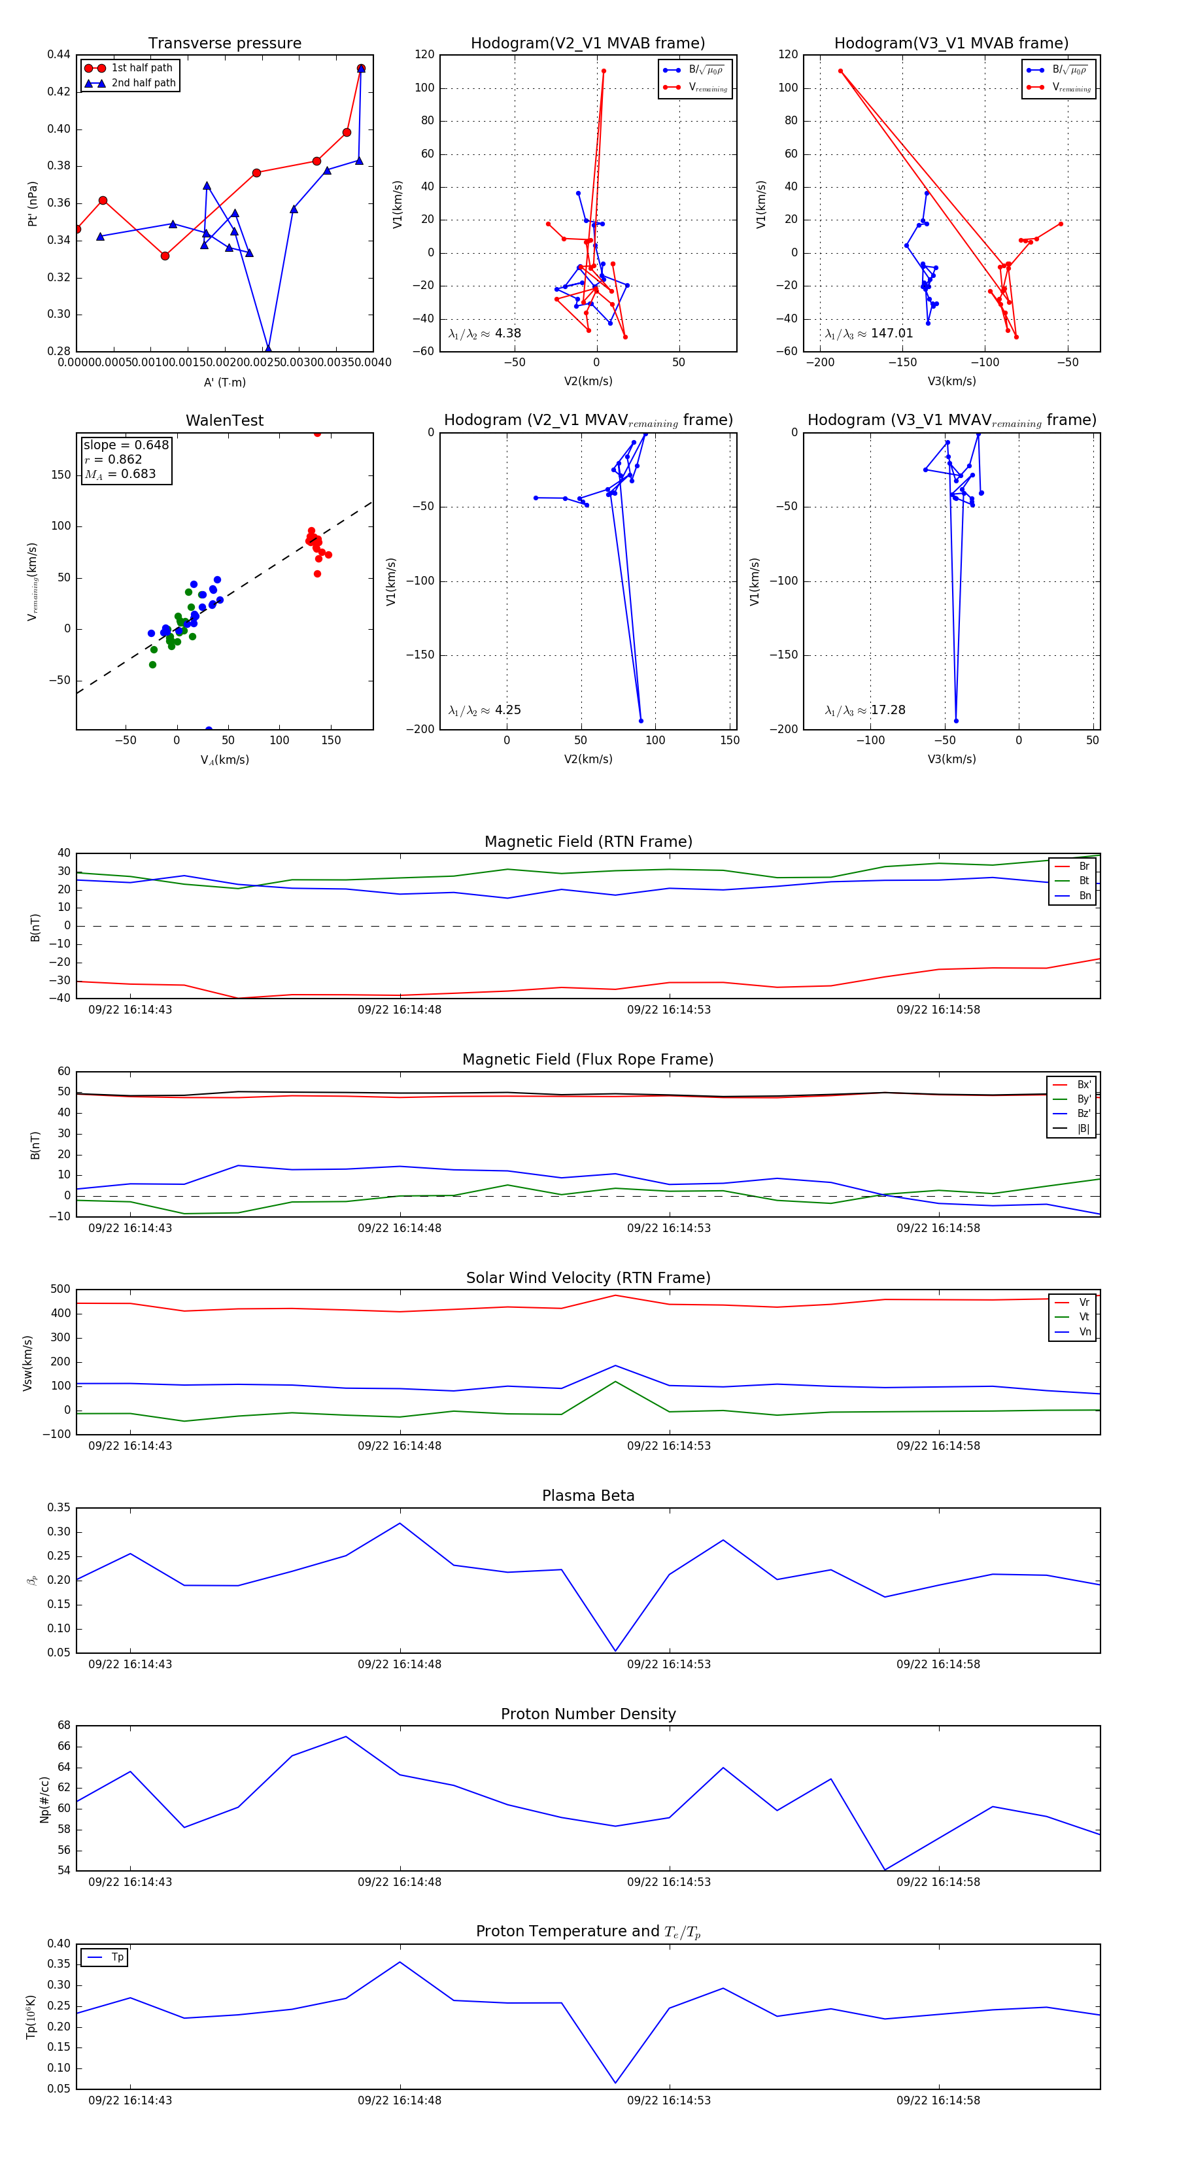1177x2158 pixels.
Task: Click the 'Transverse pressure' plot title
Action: [x=224, y=44]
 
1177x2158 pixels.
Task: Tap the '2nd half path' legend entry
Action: [x=143, y=83]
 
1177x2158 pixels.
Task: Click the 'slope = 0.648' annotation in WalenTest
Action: [x=126, y=445]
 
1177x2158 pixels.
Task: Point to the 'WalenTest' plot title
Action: [x=224, y=420]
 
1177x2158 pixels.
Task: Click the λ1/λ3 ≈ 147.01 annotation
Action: [x=869, y=334]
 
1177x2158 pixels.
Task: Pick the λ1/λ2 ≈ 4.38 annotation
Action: [x=485, y=334]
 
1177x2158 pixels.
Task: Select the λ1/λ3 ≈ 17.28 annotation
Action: [x=865, y=710]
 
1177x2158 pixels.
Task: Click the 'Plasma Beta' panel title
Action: [x=588, y=1496]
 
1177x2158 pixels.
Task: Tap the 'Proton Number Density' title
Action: [x=588, y=1714]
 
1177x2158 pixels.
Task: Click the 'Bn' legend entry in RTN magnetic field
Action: [x=1084, y=895]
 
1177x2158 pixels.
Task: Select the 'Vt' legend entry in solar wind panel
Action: [x=1084, y=1317]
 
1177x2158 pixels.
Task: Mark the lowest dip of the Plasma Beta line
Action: [x=616, y=1651]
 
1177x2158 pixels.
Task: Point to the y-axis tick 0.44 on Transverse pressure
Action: [x=59, y=54]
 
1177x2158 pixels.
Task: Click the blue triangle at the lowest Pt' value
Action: [x=268, y=349]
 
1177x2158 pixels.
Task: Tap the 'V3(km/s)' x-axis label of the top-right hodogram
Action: [x=951, y=381]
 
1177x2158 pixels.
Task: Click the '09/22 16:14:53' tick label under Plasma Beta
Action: [x=668, y=1664]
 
